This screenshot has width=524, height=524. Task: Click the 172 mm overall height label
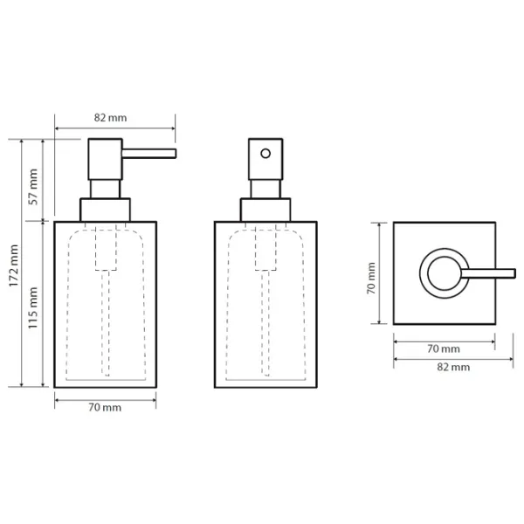14,265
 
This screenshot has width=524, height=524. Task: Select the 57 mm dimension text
34,187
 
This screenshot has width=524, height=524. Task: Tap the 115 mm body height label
33,307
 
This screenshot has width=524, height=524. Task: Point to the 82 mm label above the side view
110,118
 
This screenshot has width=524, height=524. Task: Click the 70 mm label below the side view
105,407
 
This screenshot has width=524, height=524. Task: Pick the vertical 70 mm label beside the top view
371,278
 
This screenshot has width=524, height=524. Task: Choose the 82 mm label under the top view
453,367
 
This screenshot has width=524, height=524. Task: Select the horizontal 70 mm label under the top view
444,348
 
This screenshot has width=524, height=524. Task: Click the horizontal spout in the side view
149,154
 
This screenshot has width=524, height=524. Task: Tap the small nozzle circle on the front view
265,154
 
